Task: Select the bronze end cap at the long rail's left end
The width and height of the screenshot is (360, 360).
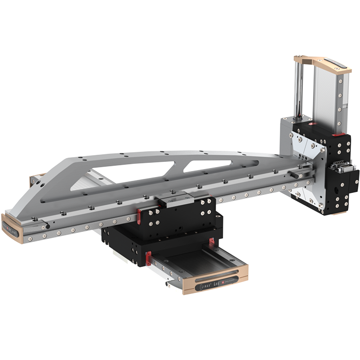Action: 13,230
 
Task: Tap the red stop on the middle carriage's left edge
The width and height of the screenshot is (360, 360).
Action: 140,215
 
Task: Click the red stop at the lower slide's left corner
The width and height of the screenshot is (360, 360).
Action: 148,254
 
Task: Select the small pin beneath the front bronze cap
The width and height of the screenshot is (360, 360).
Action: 167,284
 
